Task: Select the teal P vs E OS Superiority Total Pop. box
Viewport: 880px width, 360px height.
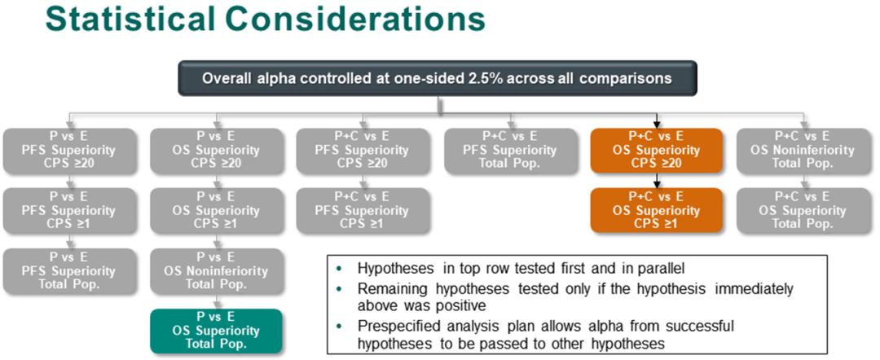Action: coord(216,331)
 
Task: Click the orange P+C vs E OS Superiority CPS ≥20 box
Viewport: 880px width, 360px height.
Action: coord(657,151)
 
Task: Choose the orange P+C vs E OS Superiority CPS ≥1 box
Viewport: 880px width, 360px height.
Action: coord(657,210)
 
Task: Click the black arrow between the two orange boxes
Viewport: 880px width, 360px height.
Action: coord(657,181)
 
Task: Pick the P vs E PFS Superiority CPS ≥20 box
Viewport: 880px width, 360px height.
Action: coord(69,151)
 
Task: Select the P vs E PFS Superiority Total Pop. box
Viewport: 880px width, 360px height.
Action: coord(69,271)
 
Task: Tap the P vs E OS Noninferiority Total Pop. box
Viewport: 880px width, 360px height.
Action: coord(216,271)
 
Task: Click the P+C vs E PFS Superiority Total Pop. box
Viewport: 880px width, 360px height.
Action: coord(510,151)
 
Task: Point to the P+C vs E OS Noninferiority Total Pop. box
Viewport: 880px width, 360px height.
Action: coord(803,151)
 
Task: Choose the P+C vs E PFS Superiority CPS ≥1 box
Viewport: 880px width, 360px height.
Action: coord(363,210)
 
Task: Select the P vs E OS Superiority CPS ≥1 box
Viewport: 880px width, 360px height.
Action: coord(216,210)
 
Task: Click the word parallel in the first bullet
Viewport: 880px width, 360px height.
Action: coord(663,268)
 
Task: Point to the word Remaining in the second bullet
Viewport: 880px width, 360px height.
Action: coord(387,289)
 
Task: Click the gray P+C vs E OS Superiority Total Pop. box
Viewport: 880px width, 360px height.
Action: coord(803,210)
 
